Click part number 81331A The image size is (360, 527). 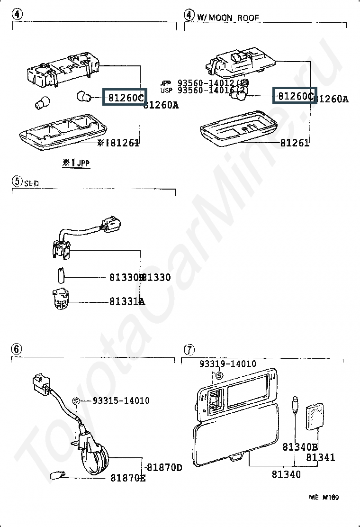tap(127, 301)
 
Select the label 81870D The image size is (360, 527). tap(164, 467)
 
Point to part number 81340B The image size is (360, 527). tap(300, 447)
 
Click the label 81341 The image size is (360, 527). tap(320, 457)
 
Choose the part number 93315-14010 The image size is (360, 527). tap(121, 400)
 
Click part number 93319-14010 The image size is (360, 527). tap(227, 363)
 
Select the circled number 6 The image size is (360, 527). tap(16, 349)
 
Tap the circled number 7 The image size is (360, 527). tap(189, 350)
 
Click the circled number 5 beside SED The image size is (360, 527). tap(16, 181)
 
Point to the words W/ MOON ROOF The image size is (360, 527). tap(228, 18)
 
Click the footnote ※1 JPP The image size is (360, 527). tap(75, 163)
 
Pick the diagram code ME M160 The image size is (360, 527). tap(324, 498)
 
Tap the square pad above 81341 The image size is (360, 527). tap(315, 416)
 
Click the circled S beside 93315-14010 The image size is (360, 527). tap(76, 401)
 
